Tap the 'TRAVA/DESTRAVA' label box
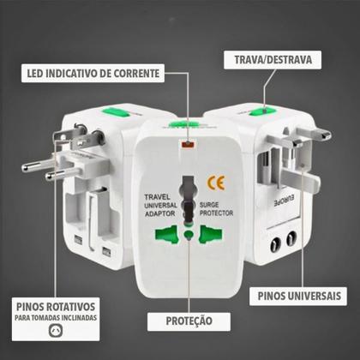(272, 60)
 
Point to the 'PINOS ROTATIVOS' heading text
(63, 307)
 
